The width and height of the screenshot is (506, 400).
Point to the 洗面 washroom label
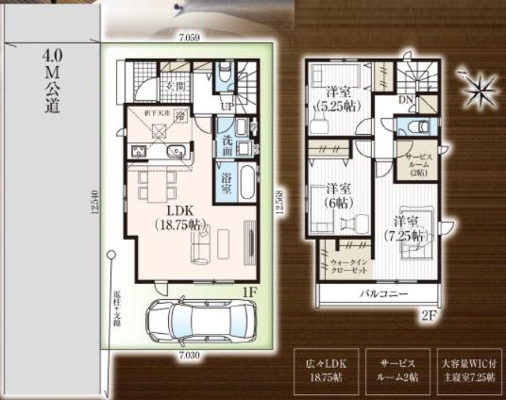point(228,145)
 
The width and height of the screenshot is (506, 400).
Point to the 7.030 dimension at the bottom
point(193,356)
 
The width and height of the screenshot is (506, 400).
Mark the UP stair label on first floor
point(228,107)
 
